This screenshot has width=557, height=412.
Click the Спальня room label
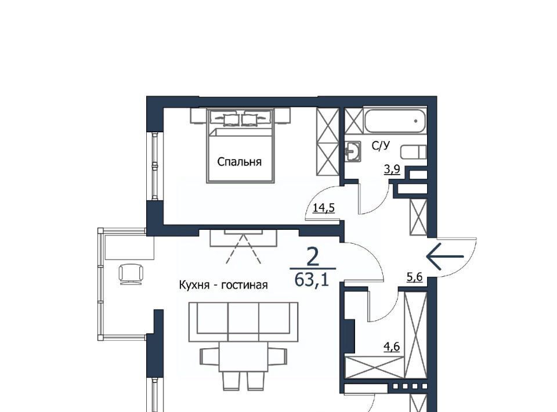click(239, 162)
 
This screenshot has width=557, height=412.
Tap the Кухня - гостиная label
click(223, 285)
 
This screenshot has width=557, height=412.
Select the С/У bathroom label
click(381, 145)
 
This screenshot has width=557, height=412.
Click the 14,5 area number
click(324, 207)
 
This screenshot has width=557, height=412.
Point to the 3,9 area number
click(392, 169)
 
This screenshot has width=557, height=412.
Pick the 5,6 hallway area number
click(414, 277)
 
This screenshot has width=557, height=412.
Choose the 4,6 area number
click(392, 346)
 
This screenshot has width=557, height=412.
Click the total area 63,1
click(312, 280)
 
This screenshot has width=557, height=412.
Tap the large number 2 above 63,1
click(312, 258)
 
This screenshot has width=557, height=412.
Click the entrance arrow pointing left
click(445, 256)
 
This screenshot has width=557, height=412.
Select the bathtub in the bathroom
click(395, 121)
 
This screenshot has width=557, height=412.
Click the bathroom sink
click(353, 151)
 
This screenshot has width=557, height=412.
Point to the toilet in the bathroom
click(414, 152)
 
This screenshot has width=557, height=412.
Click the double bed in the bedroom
click(240, 146)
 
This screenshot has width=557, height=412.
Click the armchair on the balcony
click(132, 274)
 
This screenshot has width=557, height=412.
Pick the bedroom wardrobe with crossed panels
click(328, 142)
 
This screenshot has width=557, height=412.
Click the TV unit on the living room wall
click(243, 238)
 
